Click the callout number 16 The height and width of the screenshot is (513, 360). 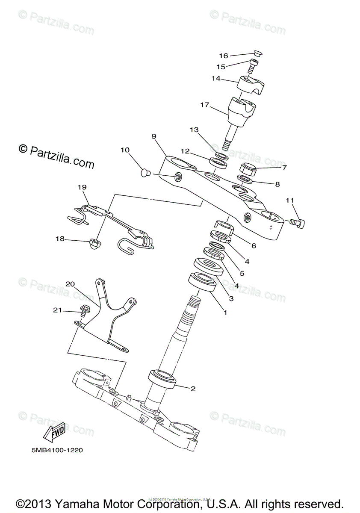point(224,56)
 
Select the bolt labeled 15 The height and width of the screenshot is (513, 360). point(254,65)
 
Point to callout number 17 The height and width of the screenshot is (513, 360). point(204,104)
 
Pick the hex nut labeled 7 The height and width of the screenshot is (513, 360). point(247,169)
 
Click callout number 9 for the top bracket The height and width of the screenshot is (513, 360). point(154,136)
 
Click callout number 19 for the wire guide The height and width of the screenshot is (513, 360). point(82,187)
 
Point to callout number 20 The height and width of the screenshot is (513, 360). point(70,284)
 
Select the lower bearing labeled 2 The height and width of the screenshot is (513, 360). point(162,378)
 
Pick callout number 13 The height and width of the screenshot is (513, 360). point(195,130)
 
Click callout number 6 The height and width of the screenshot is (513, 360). point(254,246)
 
